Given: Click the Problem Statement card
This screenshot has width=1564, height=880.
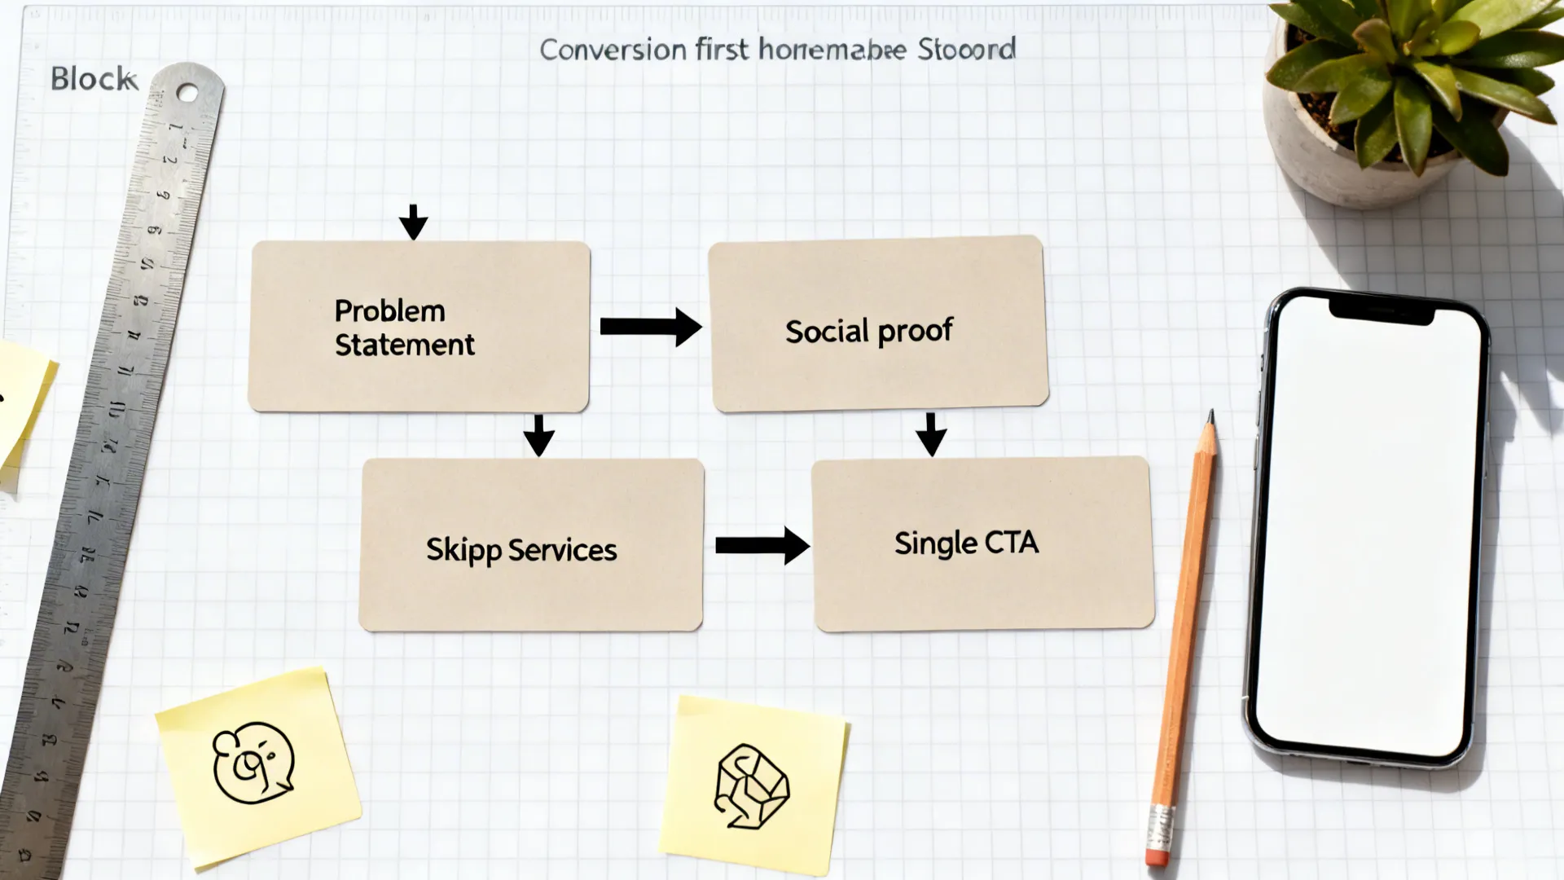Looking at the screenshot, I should coord(420,326).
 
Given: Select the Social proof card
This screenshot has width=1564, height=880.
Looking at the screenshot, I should coord(878,324).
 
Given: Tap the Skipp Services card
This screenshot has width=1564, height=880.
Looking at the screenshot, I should coord(531,544).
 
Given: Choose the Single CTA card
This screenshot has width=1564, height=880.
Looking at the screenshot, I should coord(982,543).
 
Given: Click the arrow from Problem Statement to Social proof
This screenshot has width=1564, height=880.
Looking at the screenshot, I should coord(649,327).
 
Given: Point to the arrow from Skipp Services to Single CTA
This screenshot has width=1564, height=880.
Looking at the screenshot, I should coord(762,545).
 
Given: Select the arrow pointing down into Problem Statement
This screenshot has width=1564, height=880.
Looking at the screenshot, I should coord(413,222).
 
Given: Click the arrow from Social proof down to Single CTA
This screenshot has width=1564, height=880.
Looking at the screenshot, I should coord(931,434).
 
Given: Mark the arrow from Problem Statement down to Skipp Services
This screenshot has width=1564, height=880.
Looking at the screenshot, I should coord(538,435).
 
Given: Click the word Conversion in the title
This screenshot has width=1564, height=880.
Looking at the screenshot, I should coord(613,50).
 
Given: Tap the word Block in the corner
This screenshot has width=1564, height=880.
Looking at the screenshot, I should coord(92,79).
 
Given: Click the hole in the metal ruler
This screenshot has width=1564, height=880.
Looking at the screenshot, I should coord(187,93).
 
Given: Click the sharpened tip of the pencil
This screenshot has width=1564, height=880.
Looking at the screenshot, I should coord(1211,416).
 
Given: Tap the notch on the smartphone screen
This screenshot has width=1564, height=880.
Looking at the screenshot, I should coord(1381,310).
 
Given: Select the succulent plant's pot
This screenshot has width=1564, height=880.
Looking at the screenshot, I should coord(1336,155).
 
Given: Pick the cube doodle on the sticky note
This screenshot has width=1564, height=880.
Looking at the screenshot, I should coord(751,786).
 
